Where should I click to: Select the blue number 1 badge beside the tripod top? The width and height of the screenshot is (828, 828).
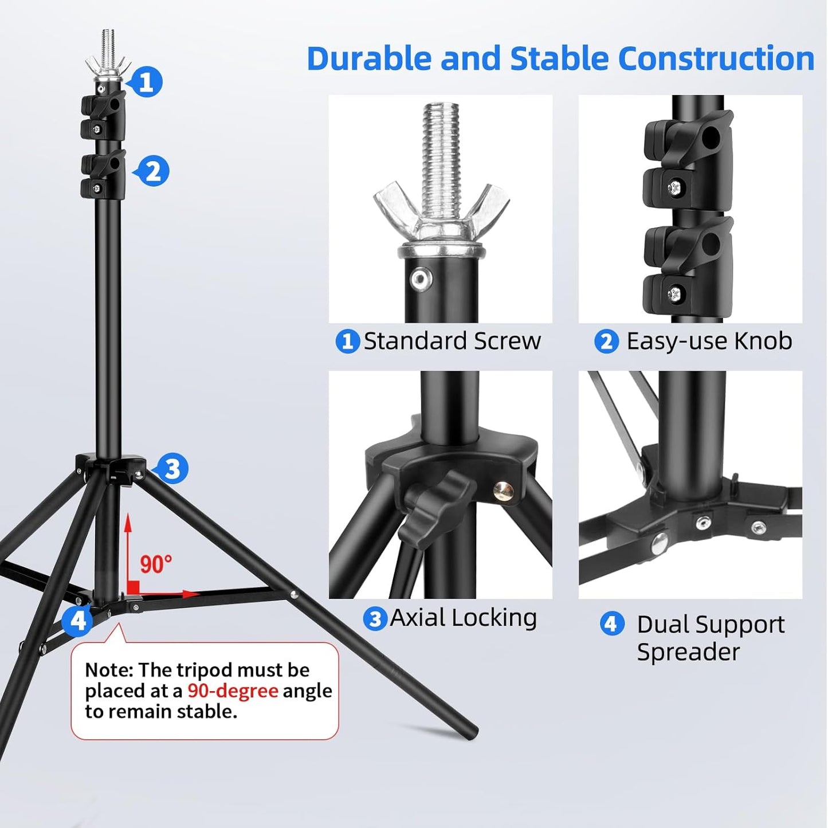click(x=146, y=81)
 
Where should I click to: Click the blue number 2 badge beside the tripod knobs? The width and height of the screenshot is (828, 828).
click(x=152, y=171)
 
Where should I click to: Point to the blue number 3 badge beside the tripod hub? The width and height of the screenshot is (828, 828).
click(x=172, y=468)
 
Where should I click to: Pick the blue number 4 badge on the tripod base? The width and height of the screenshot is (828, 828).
click(x=77, y=621)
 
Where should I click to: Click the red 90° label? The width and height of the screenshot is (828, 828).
click(x=156, y=564)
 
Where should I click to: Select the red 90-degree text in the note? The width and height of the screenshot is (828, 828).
click(x=233, y=692)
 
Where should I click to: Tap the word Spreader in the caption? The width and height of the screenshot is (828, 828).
click(x=688, y=652)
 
